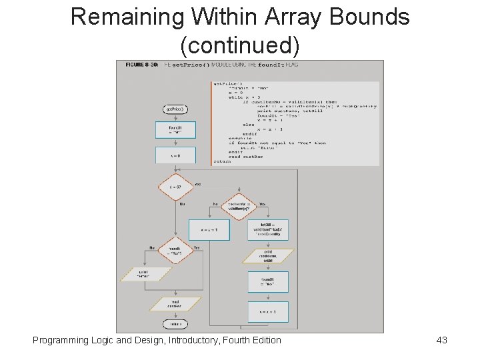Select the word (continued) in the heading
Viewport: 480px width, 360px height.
(240, 45)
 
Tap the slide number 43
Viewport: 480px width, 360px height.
(441, 340)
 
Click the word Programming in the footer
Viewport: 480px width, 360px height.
(62, 340)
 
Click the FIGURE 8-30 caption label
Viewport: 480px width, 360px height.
(142, 65)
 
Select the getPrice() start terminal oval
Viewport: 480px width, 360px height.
(175, 109)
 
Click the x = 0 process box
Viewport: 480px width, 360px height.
(175, 155)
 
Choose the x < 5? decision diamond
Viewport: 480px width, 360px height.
(175, 187)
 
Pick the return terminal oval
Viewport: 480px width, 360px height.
(175, 324)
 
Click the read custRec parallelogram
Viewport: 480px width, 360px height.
(175, 304)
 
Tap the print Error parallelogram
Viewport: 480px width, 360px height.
(145, 274)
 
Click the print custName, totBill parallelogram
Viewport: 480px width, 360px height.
(268, 257)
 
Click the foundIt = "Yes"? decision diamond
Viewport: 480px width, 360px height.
(175, 251)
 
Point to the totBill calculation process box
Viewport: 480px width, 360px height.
(268, 230)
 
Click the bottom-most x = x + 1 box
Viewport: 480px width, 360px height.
(268, 311)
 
